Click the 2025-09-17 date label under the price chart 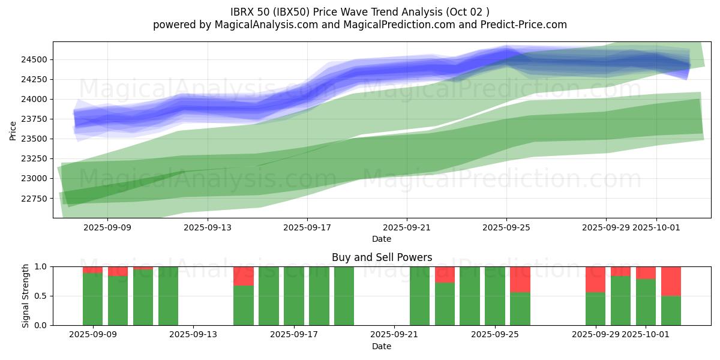[x=307, y=227]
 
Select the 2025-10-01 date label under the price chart [x=656, y=227]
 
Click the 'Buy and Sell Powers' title [x=382, y=257]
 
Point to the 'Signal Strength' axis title [x=25, y=296]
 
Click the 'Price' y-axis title [x=13, y=130]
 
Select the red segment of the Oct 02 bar [x=671, y=281]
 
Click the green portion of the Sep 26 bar [x=520, y=308]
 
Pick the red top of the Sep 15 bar [x=244, y=276]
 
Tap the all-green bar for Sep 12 [x=168, y=296]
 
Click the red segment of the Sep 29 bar [x=595, y=279]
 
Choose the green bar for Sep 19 [x=344, y=296]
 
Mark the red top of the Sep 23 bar [x=445, y=274]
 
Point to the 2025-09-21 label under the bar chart [x=394, y=334]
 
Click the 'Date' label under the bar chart [x=382, y=346]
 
